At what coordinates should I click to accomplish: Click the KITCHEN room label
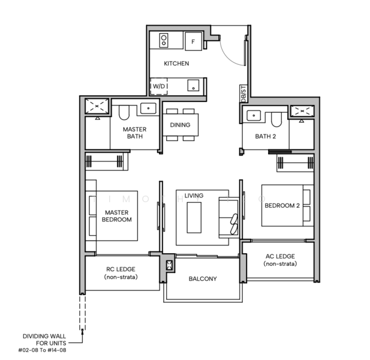coord(177,64)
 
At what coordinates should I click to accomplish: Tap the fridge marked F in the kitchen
coord(193,42)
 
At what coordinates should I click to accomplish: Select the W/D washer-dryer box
coord(159,86)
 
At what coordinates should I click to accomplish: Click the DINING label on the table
coord(180,125)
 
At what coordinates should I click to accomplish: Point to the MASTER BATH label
coord(134,133)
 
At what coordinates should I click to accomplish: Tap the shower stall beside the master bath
coord(96,107)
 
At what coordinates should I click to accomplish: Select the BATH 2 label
coord(265,136)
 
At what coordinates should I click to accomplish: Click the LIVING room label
coord(194,196)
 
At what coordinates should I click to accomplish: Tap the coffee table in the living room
coord(194,217)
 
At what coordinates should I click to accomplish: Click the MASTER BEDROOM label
coord(118,216)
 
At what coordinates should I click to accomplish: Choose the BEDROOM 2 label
coord(281,206)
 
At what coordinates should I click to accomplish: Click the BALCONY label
coord(202,279)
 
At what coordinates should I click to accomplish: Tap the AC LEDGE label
coord(279,260)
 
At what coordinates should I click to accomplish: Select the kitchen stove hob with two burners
coord(163,41)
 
